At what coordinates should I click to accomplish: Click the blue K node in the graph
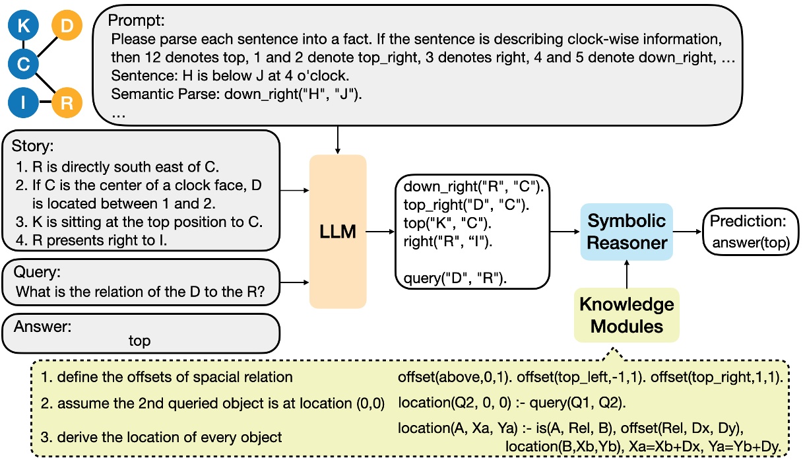(x=23, y=26)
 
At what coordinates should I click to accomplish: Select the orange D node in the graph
(x=67, y=26)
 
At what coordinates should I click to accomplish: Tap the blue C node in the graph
(x=23, y=64)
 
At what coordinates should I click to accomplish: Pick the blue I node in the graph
(x=23, y=103)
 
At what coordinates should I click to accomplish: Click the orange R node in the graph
(x=67, y=103)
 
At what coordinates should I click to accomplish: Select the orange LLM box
(x=338, y=231)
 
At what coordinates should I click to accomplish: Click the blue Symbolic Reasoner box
(x=627, y=232)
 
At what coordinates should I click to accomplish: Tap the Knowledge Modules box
(x=627, y=315)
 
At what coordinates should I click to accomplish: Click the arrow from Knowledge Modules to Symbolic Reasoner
(x=627, y=273)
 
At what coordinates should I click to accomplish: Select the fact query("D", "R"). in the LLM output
(x=455, y=277)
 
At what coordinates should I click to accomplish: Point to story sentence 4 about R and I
(x=92, y=240)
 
